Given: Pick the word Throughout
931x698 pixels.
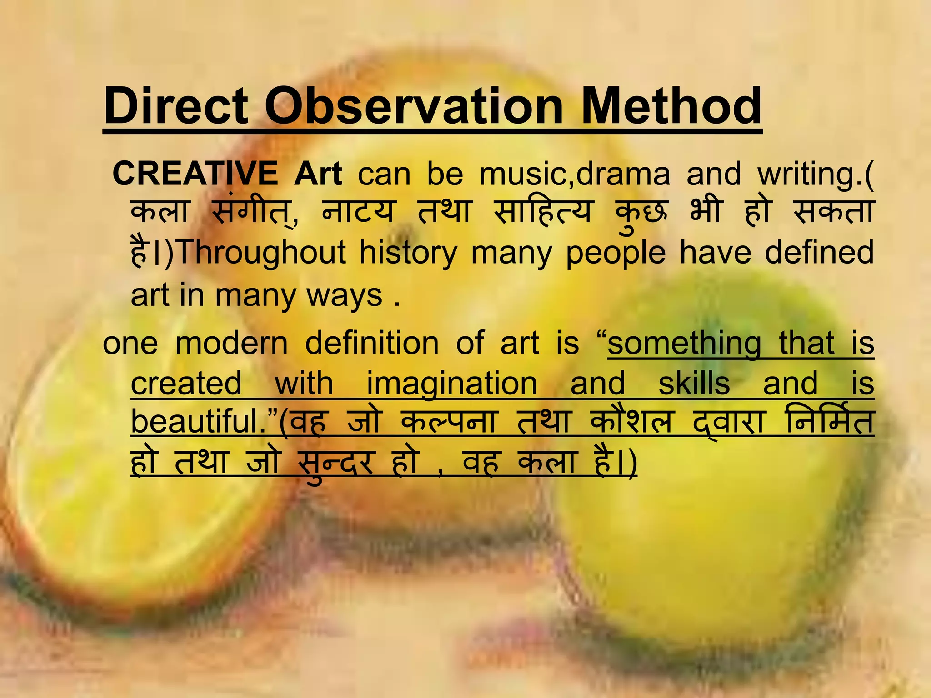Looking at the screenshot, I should tap(262, 253).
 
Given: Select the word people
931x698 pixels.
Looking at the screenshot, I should tap(616, 253).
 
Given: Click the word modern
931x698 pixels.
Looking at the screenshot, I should tap(232, 343).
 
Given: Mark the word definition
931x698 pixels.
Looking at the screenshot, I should tap(372, 343).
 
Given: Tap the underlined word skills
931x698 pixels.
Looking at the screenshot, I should tap(694, 383).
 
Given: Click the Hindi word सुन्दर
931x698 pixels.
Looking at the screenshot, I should tap(335, 463).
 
